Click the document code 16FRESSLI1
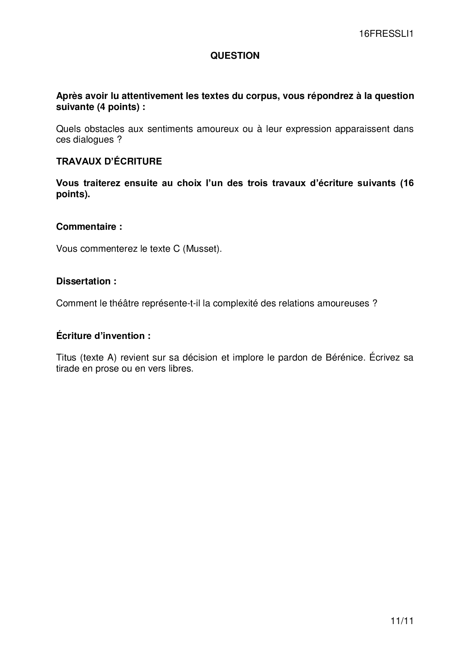(386, 34)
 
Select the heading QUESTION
(235, 56)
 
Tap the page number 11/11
(402, 621)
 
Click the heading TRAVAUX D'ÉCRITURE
(109, 162)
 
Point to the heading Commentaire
(89, 227)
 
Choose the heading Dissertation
(86, 281)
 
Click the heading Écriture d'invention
(103, 336)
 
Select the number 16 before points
(408, 183)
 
